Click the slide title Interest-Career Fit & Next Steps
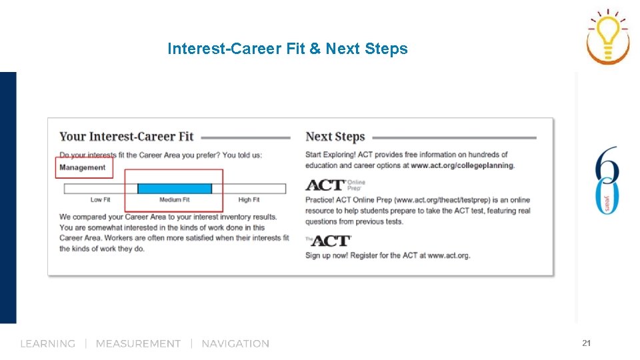(287, 49)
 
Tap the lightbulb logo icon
(607, 36)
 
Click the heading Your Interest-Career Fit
(126, 137)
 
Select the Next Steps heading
(335, 137)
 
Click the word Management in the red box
(82, 167)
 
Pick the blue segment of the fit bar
(174, 189)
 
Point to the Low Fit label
(101, 200)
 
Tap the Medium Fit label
(174, 200)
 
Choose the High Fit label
(249, 200)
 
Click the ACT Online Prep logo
(335, 185)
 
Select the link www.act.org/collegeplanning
(462, 165)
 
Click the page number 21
(586, 343)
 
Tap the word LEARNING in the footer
(47, 344)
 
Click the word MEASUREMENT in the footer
(138, 344)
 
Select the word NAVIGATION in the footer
(235, 344)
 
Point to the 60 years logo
(607, 180)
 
